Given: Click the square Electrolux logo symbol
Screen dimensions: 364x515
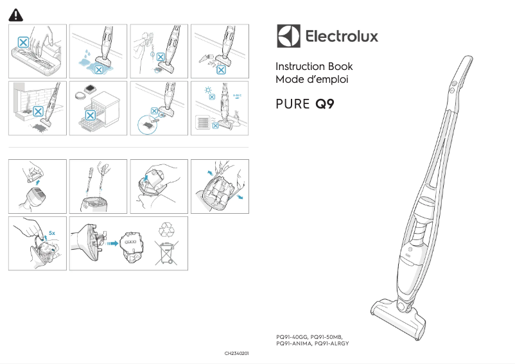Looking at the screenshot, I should (x=288, y=36).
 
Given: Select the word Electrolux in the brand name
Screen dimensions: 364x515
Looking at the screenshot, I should (x=340, y=37).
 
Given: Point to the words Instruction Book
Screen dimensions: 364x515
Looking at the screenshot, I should (x=313, y=67).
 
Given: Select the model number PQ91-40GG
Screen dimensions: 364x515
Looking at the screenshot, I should (x=292, y=336).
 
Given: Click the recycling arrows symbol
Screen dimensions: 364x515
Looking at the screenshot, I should (x=166, y=229).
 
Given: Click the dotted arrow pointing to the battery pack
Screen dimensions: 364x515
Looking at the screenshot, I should (x=110, y=243).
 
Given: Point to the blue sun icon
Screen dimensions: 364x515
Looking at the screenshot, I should (x=204, y=91).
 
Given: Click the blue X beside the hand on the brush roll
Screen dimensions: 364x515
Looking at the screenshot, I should (x=23, y=42).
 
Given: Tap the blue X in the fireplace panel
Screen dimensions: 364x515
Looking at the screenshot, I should (x=38, y=110).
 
